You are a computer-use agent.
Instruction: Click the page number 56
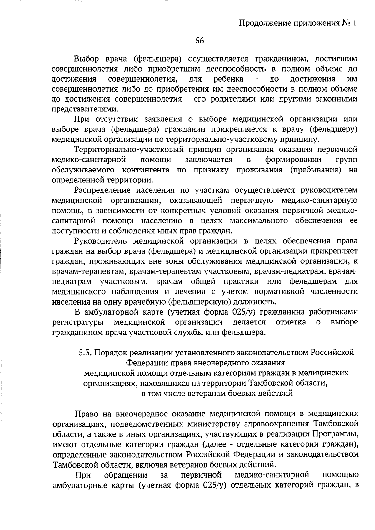[200, 40]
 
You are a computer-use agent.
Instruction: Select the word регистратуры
[78, 322]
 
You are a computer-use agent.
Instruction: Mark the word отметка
[291, 322]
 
